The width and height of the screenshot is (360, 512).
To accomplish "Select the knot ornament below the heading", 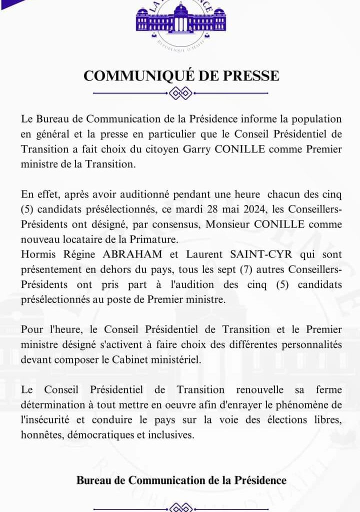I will point(180,93).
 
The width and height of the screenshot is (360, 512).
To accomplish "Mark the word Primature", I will point(162,239).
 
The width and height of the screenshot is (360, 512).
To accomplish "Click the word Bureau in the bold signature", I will point(94,480).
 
